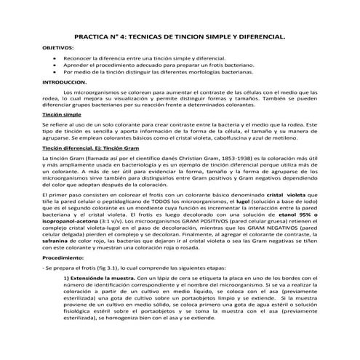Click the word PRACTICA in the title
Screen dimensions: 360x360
coord(97,35)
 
